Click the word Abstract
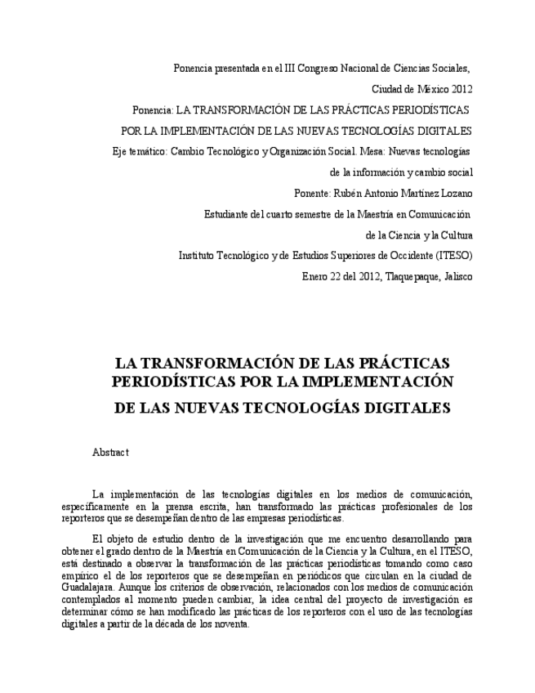[x=110, y=452]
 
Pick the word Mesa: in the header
[x=373, y=151]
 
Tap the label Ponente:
[x=314, y=194]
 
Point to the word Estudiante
[x=228, y=214]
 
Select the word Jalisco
[x=457, y=277]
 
